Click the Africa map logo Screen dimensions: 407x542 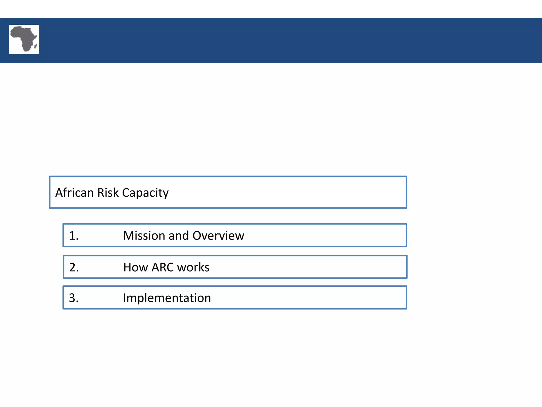(x=24, y=39)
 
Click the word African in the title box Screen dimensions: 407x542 (x=74, y=193)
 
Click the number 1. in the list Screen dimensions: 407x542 (x=74, y=236)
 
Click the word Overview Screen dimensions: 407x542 (x=218, y=236)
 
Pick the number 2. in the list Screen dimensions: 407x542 (x=74, y=267)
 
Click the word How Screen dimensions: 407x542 (x=135, y=267)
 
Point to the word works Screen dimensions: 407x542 (x=193, y=267)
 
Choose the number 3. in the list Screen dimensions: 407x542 (x=74, y=298)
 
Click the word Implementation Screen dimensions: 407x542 (x=167, y=298)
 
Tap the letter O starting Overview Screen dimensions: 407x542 (x=198, y=236)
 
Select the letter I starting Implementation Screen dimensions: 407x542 (x=125, y=298)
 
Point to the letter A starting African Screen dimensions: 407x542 (x=59, y=193)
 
